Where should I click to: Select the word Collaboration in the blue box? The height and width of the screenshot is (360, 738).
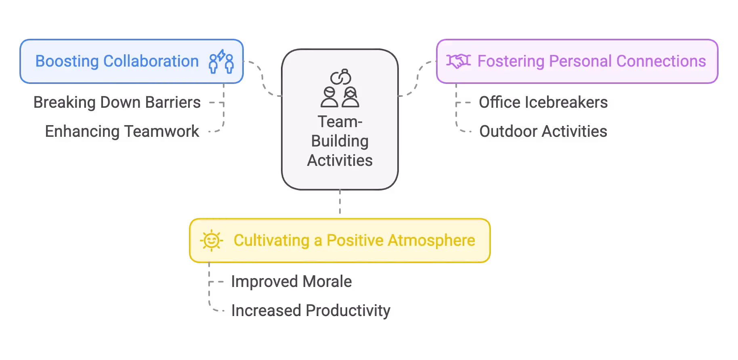coord(151,61)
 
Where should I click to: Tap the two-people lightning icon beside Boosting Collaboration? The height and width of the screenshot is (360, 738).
coord(221,61)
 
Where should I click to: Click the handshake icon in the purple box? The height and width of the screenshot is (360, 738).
coord(458,61)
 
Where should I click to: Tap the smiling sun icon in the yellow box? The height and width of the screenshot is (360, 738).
coord(211,241)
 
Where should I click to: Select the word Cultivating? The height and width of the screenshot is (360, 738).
coord(271,241)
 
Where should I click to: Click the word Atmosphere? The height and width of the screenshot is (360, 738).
coord(431,241)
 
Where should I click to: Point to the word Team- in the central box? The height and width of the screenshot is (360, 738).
coord(340,122)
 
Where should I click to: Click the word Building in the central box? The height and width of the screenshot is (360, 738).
coord(340,141)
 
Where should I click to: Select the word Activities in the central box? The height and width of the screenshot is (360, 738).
coord(340,161)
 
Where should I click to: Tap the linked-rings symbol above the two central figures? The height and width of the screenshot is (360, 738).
coord(340,77)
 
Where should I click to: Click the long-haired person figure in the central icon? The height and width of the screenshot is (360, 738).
coord(350,97)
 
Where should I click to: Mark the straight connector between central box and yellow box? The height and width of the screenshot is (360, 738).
coord(341,203)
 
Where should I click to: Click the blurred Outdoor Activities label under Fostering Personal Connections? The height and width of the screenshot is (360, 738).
coord(542,131)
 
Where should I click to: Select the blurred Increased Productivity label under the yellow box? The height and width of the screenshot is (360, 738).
coord(310,310)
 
